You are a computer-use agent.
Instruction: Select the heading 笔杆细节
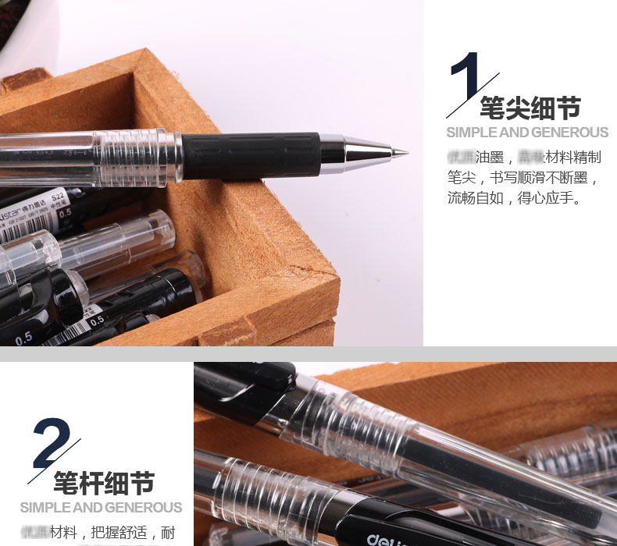click(104, 482)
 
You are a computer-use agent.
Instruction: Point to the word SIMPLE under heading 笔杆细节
click(45, 508)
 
